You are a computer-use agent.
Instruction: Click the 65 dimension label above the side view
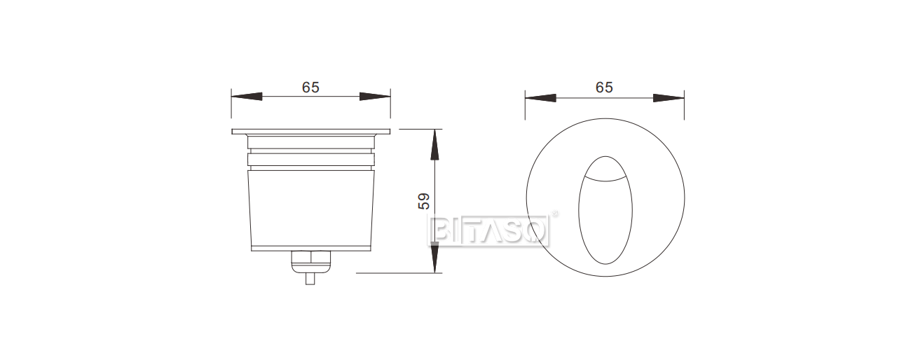310,88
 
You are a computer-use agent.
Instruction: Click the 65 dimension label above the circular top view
604,88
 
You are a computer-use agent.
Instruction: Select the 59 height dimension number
423,202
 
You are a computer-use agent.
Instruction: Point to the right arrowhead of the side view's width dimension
375,97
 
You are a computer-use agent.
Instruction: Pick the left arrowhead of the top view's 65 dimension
540,97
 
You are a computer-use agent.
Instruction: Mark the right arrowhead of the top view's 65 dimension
669,97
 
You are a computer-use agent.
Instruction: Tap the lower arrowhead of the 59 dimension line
435,258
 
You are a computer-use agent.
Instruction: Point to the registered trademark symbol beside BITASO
556,214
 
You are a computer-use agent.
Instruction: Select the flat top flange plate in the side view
310,131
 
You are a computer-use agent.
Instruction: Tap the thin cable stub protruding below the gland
310,278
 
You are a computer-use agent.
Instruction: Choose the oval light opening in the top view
605,217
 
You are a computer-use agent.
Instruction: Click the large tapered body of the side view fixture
310,210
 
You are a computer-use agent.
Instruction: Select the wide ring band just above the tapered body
310,160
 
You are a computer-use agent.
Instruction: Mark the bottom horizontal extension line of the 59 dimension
399,273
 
